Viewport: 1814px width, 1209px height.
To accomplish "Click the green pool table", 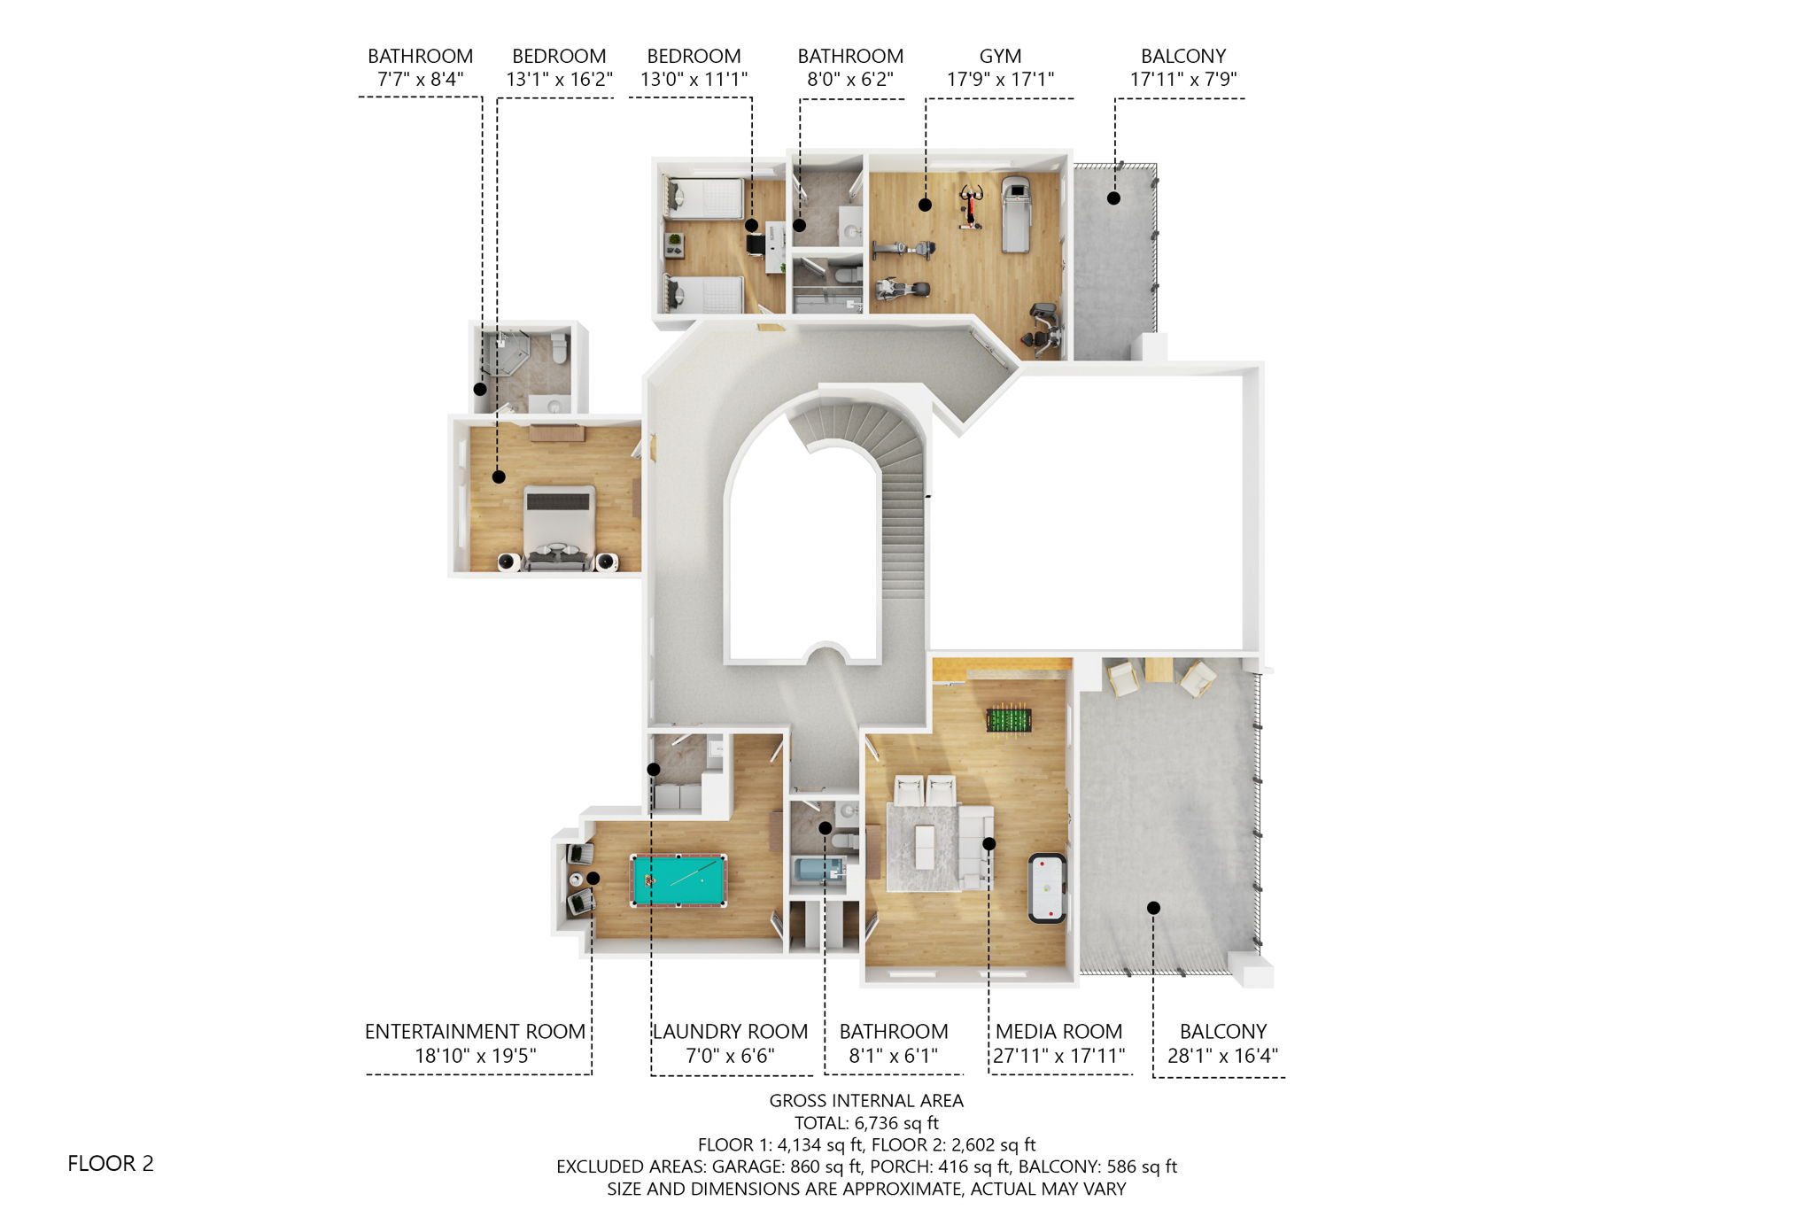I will point(678,880).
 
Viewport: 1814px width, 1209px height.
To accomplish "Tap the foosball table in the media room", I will point(1009,719).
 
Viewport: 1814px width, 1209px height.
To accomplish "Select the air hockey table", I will point(1047,887).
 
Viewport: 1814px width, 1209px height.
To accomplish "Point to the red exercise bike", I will point(972,206).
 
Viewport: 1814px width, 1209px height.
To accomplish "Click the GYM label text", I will point(1000,56).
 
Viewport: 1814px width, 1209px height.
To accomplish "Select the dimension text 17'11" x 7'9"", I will point(1182,79).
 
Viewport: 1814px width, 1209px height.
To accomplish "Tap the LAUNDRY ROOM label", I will point(731,1032).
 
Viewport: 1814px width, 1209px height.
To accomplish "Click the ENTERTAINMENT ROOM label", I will point(475,1032).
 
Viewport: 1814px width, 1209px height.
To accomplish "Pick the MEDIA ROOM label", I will point(1058,1032).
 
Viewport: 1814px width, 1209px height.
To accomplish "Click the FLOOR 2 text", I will point(111,1163).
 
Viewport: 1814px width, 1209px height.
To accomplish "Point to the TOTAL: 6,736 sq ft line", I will point(866,1122).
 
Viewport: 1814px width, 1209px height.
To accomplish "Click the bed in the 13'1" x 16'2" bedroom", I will point(558,528).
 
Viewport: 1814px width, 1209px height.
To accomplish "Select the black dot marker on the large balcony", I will point(1153,908).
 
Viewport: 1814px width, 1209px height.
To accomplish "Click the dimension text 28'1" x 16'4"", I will point(1222,1056).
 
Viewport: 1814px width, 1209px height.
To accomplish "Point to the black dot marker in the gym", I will point(925,205).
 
